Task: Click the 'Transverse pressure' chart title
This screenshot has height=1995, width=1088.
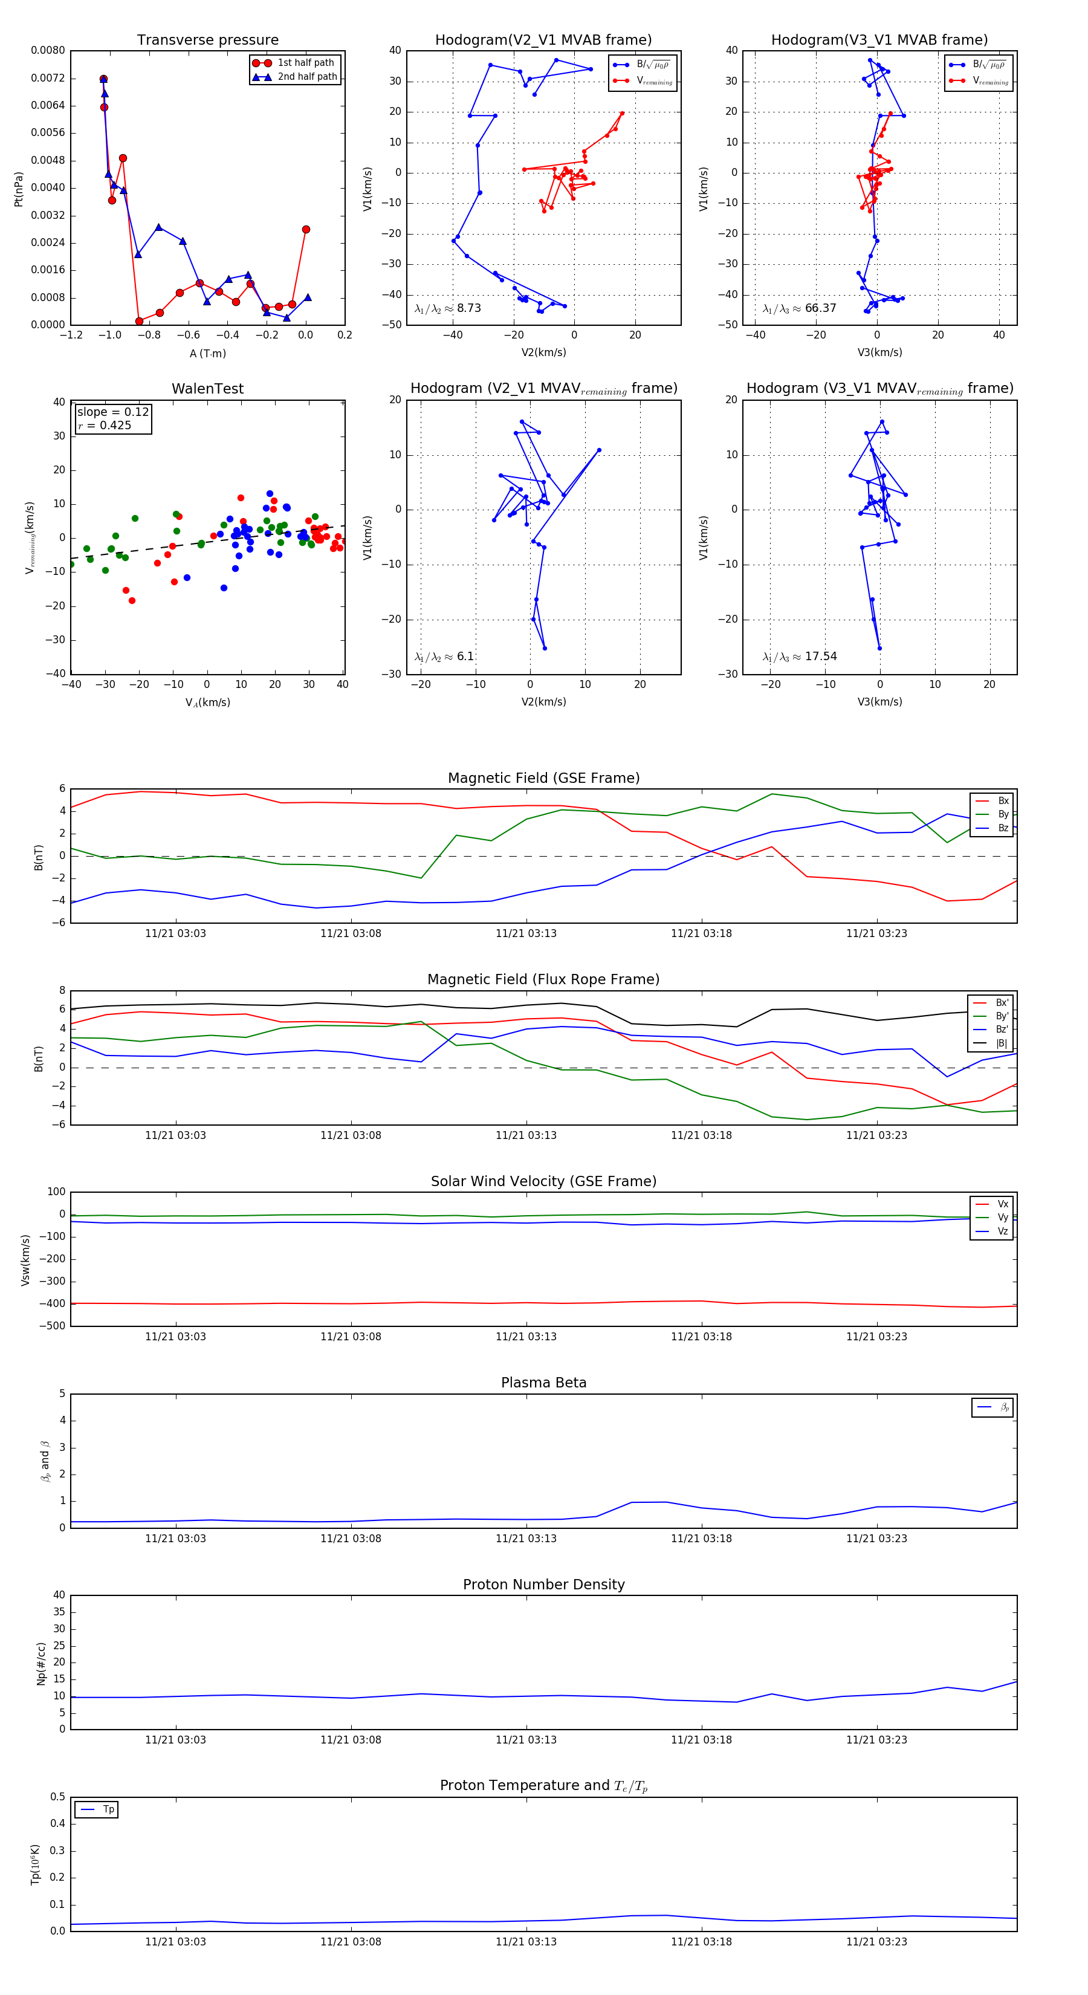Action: pyautogui.click(x=207, y=41)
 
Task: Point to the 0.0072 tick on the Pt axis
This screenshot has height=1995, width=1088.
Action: pyautogui.click(x=48, y=78)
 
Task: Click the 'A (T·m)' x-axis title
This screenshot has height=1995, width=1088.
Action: pyautogui.click(x=207, y=353)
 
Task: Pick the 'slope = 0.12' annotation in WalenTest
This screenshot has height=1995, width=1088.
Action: pyautogui.click(x=112, y=412)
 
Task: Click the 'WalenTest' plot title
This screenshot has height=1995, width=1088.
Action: pyautogui.click(x=207, y=389)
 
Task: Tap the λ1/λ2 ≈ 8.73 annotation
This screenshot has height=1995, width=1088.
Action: pyautogui.click(x=447, y=308)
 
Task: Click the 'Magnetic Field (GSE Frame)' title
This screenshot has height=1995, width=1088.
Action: pyautogui.click(x=543, y=778)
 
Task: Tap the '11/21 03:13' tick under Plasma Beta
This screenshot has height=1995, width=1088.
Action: pyautogui.click(x=526, y=1538)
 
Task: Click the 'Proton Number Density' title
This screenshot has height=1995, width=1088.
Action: pyautogui.click(x=543, y=1585)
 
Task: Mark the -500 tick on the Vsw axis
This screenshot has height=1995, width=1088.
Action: pyautogui.click(x=52, y=1326)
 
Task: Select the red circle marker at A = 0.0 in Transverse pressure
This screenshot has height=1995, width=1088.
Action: pyautogui.click(x=306, y=229)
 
